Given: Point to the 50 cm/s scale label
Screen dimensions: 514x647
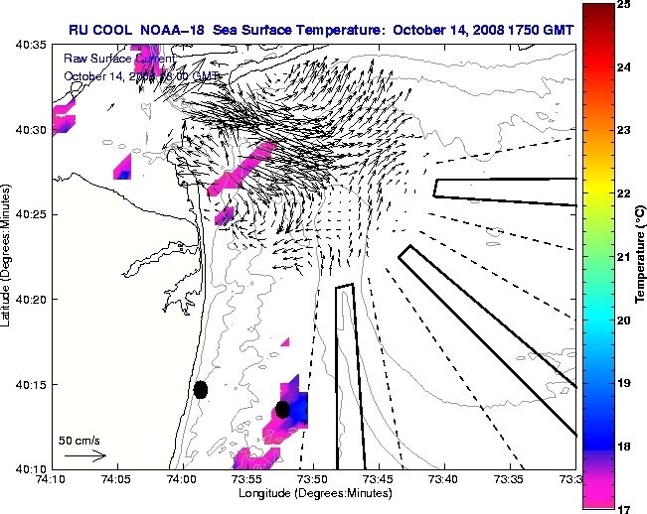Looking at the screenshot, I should tap(79, 440).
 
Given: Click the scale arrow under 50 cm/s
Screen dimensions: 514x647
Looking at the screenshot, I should tap(84, 455).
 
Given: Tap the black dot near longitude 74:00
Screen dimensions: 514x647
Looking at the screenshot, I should tap(201, 389).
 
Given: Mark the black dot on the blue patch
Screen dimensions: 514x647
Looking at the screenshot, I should tap(282, 409).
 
